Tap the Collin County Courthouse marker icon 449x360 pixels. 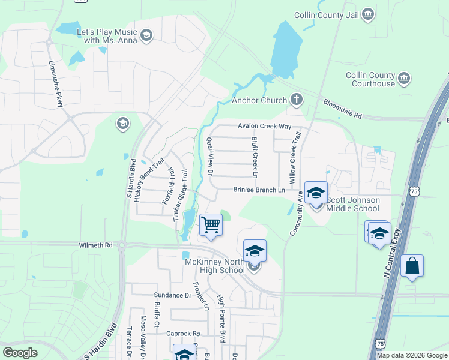pyautogui.click(x=404, y=78)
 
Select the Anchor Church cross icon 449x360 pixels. pyautogui.click(x=295, y=100)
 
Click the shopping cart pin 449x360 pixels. pyautogui.click(x=211, y=226)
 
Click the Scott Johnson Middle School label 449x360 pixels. pyautogui.click(x=352, y=203)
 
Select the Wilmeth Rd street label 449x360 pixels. pyautogui.click(x=95, y=245)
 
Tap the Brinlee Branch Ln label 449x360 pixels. pyautogui.click(x=259, y=190)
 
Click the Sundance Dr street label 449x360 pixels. pyautogui.click(x=172, y=295)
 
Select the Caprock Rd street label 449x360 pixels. pyautogui.click(x=183, y=334)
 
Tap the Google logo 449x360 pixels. pyautogui.click(x=20, y=353)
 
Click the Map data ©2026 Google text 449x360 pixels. pyautogui.click(x=411, y=355)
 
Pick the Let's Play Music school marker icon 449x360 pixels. pyautogui.click(x=146, y=36)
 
